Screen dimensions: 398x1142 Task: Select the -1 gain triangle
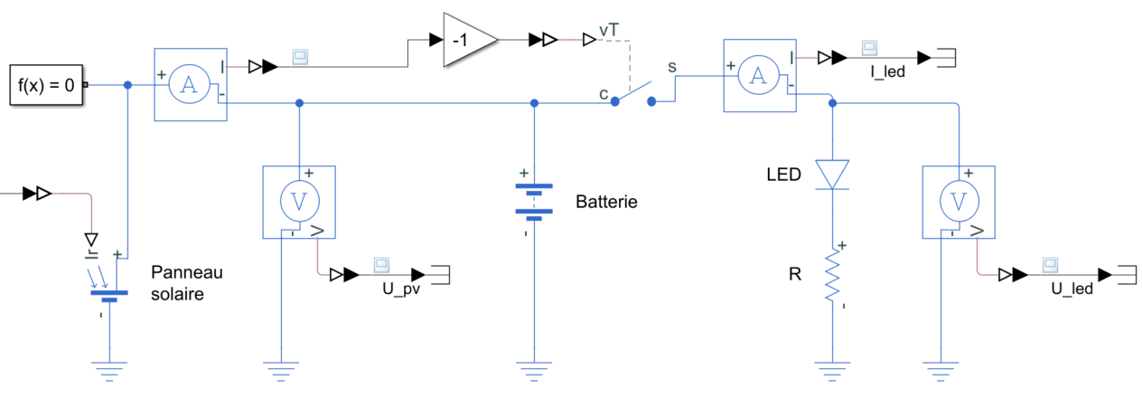(467, 40)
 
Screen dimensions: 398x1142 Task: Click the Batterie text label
(606, 202)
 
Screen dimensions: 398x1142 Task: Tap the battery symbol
(534, 202)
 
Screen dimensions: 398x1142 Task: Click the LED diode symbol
(832, 174)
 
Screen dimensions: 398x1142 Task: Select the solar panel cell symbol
(108, 285)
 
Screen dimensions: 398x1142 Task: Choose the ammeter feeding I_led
(760, 77)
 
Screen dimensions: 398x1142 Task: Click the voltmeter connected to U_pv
(298, 202)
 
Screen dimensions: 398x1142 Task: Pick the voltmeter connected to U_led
(959, 202)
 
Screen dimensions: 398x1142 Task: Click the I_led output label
(887, 72)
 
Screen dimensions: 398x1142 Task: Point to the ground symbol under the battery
(534, 369)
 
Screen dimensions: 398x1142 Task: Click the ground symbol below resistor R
(832, 369)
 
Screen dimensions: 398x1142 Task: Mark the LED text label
(782, 175)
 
